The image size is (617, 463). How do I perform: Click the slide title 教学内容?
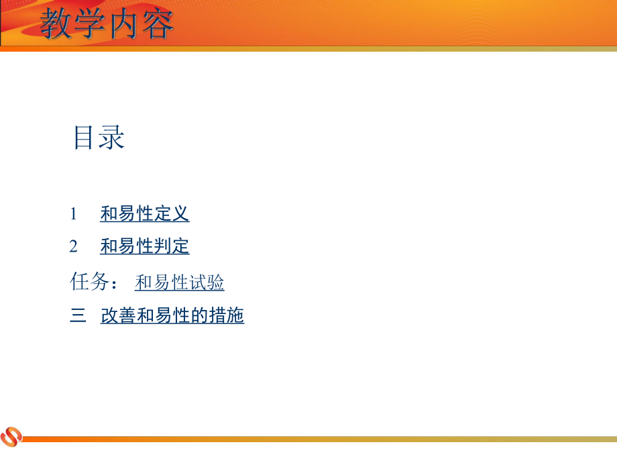point(107,25)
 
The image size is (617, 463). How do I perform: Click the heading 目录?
point(99,138)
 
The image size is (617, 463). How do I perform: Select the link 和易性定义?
point(145,214)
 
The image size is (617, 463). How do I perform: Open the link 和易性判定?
point(145,247)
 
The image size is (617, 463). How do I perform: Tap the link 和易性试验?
point(179,282)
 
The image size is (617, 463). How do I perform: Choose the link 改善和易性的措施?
point(172,315)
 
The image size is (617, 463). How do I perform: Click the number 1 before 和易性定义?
point(74,214)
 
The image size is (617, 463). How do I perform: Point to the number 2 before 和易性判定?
point(74,247)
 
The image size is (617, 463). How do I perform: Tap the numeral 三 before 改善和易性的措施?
point(78,315)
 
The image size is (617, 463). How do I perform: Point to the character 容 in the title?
point(158,25)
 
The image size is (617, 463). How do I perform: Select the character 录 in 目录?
point(112,138)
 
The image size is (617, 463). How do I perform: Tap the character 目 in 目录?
point(85,138)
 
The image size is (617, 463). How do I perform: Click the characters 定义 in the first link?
point(172,214)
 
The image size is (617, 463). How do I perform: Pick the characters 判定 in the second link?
point(172,247)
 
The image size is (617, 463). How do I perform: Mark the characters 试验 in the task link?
point(207,282)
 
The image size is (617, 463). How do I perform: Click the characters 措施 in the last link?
point(227,315)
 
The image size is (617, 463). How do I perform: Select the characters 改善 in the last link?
point(118,315)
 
